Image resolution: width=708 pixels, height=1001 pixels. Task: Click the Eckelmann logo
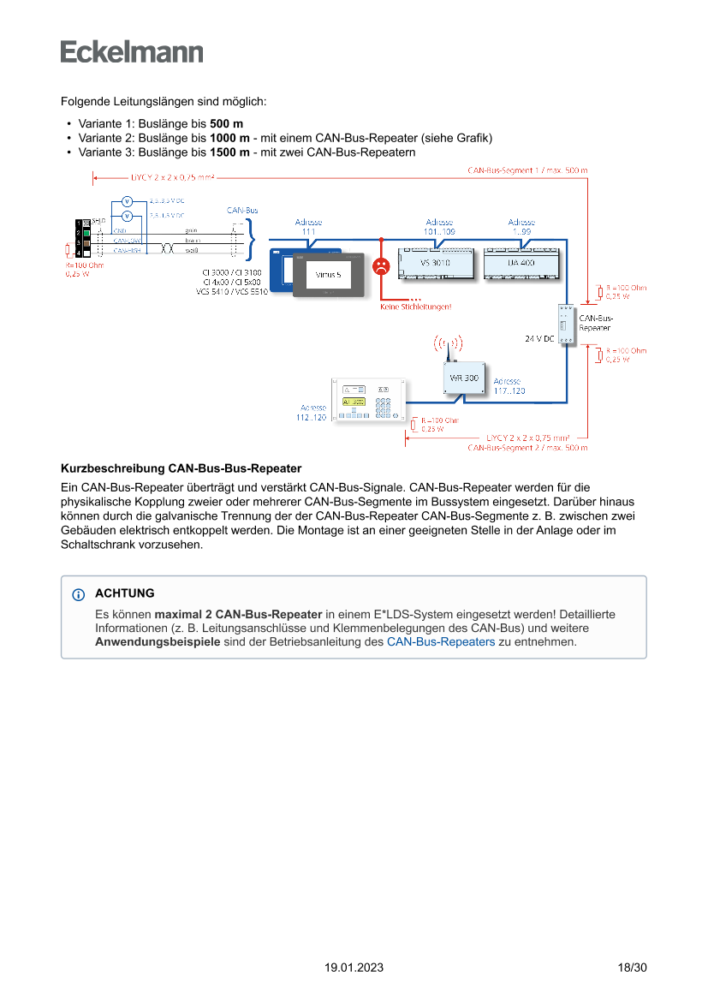coord(132,51)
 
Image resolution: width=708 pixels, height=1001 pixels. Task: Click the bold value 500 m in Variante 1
coord(226,123)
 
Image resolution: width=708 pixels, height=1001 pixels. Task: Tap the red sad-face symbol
coord(382,265)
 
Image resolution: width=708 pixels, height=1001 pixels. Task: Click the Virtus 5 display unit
coord(329,274)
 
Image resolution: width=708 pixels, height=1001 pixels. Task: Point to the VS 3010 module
coord(435,263)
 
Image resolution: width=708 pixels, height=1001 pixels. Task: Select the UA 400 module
coord(521,263)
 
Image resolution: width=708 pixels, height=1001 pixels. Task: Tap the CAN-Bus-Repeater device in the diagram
coord(567,325)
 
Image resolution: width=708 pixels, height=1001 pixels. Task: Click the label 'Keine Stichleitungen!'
coord(415,307)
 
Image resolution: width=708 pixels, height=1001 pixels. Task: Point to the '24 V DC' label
coord(539,339)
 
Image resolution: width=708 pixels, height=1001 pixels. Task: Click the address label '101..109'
coord(439,231)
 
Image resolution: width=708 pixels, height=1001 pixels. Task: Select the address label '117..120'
coord(509,390)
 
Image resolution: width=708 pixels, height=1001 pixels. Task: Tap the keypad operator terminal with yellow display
coord(369,401)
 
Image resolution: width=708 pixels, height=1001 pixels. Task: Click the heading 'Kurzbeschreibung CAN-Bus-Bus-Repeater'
coord(181,468)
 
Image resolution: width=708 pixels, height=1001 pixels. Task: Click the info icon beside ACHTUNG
coord(79,594)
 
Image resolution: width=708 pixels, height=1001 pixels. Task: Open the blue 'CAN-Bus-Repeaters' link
coord(441,641)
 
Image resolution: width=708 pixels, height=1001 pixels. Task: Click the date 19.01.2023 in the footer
coord(354,968)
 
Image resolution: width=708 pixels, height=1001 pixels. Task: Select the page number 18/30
coord(632,968)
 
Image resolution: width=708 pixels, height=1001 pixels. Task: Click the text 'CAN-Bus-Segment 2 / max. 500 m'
coord(527,448)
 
